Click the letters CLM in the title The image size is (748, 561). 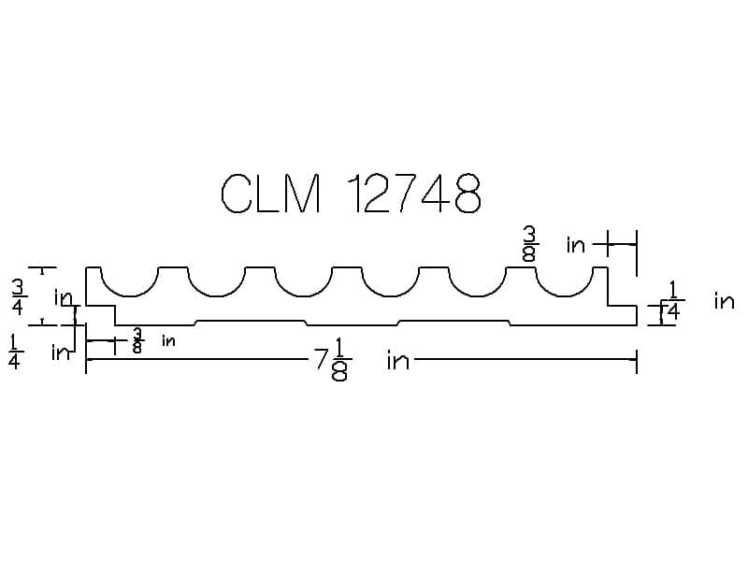click(x=271, y=194)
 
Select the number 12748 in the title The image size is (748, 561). click(x=414, y=194)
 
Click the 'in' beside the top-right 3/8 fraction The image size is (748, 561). click(x=576, y=245)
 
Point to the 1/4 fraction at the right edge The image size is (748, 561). click(x=673, y=302)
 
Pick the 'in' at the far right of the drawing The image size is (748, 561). click(x=724, y=301)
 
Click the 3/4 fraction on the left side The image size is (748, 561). click(x=18, y=295)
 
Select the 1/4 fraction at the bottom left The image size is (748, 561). click(x=14, y=352)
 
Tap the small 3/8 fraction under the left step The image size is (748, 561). click(x=138, y=340)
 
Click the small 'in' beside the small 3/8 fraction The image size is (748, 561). click(x=168, y=341)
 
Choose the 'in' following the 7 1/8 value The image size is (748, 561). click(x=397, y=361)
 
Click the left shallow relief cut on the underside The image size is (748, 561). click(x=251, y=322)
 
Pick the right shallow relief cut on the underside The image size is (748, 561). click(x=454, y=322)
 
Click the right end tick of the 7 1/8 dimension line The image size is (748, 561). click(x=637, y=361)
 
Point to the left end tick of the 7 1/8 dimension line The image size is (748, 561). click(x=86, y=361)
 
